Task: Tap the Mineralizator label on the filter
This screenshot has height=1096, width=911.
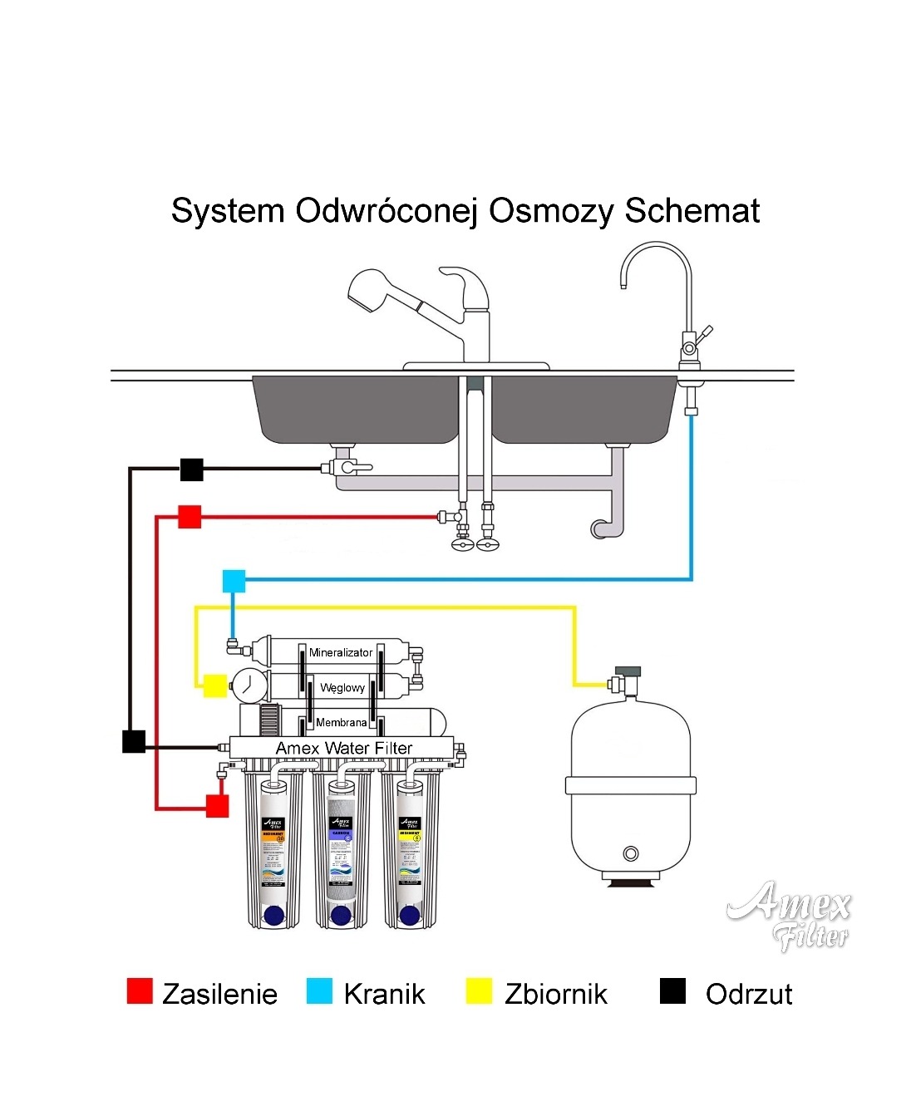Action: (341, 652)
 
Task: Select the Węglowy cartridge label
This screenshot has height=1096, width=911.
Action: (342, 688)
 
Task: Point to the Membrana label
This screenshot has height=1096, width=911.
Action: (341, 723)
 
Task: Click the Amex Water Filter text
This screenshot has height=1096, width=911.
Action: (344, 749)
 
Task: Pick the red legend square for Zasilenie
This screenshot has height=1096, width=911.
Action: (140, 991)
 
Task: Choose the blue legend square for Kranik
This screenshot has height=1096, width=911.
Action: (319, 991)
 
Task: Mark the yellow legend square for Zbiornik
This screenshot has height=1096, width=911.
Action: (479, 991)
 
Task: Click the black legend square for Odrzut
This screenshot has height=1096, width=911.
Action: (672, 991)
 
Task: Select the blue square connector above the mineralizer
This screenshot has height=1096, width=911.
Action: (234, 581)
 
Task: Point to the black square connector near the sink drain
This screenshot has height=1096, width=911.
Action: (192, 469)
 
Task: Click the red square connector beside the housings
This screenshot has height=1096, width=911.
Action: (217, 805)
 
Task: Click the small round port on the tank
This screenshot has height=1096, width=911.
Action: (631, 853)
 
